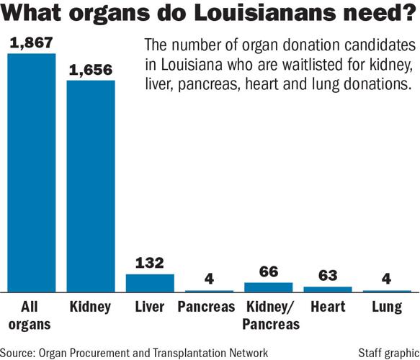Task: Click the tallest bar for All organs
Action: pyautogui.click(x=31, y=173)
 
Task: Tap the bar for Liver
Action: pyautogui.click(x=150, y=282)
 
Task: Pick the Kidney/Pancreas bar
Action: pyautogui.click(x=269, y=287)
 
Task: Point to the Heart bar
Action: pyautogui.click(x=328, y=288)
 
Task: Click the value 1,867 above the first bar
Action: pyautogui.click(x=31, y=42)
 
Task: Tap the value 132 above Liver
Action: pyautogui.click(x=150, y=263)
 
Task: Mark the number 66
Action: pyautogui.click(x=269, y=272)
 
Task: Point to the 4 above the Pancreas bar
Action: pyautogui.click(x=209, y=279)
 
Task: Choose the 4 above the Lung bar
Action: pyautogui.click(x=387, y=279)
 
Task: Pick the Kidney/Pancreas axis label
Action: pyautogui.click(x=269, y=315)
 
